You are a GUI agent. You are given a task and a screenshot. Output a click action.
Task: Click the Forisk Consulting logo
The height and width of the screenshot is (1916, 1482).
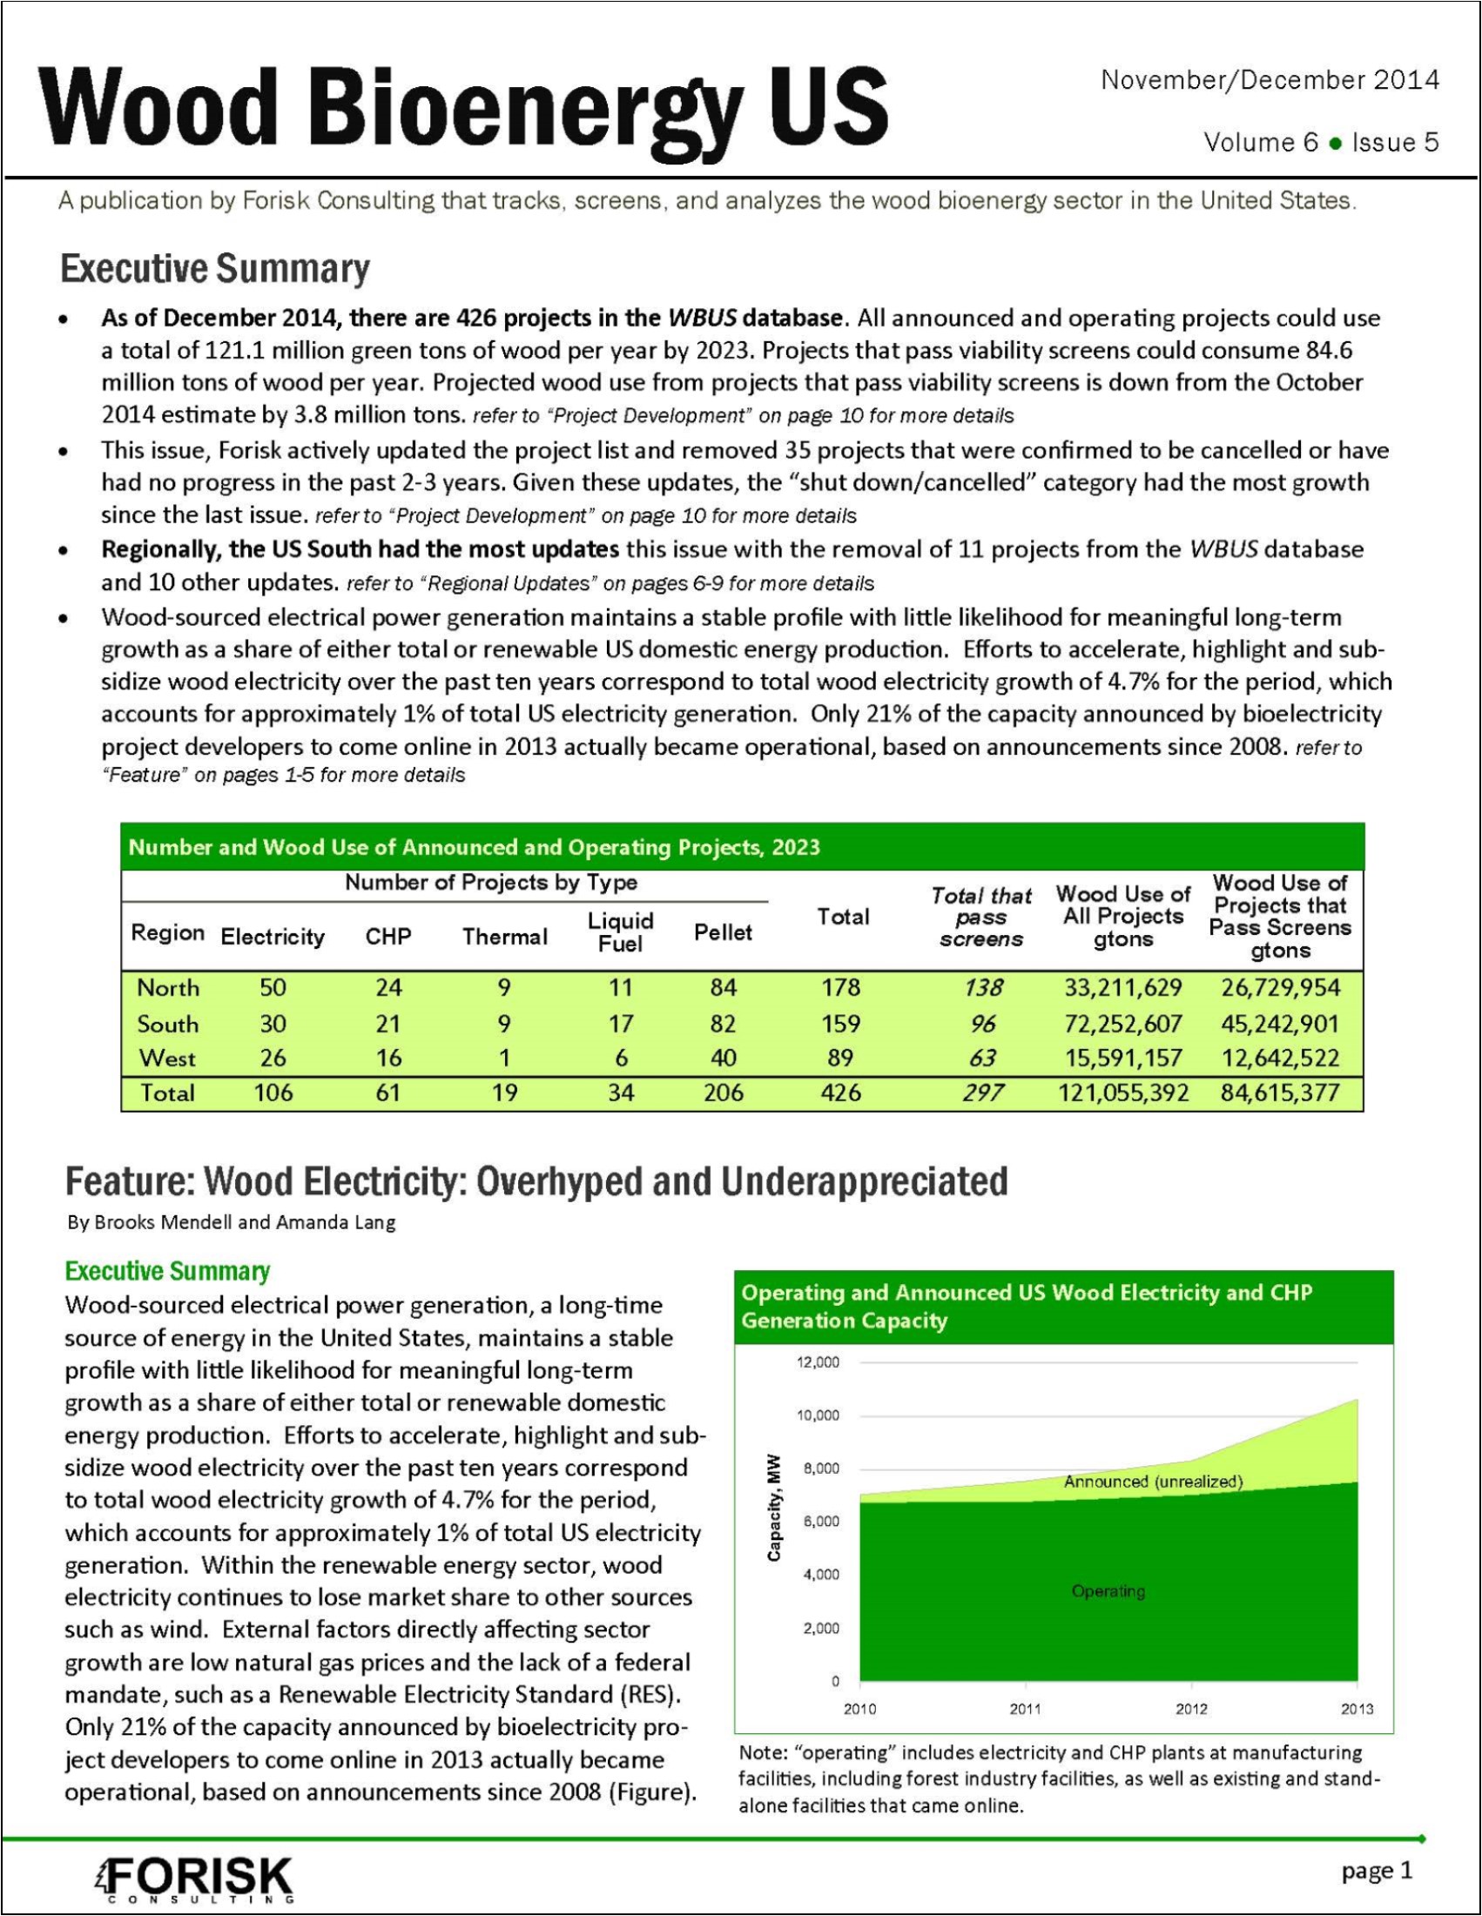(194, 1879)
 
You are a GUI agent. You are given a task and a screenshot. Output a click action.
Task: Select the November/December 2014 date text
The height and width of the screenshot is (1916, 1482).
(1269, 81)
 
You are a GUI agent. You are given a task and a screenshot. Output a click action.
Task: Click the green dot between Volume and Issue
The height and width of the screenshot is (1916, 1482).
(1335, 143)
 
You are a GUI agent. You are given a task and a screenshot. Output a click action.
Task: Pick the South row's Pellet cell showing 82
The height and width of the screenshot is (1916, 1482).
(722, 1024)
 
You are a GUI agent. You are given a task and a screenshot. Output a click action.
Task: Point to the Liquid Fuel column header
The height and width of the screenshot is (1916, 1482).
(620, 931)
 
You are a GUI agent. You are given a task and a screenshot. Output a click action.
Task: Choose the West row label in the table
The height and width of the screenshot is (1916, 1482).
(166, 1058)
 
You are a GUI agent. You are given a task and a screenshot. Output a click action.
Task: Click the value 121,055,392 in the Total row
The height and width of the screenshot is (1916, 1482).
(1122, 1092)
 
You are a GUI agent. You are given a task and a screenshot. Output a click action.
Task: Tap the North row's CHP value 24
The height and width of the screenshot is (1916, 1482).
(387, 988)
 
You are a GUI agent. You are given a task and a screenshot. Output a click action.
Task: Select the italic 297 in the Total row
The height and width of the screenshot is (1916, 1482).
(982, 1092)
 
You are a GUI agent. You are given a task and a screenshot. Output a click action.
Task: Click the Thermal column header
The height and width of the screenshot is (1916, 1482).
(504, 937)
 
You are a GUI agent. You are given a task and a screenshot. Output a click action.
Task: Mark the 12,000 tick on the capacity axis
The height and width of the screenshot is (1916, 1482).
(818, 1362)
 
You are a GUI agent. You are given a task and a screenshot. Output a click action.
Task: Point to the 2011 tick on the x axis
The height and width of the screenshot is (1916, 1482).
(1025, 1709)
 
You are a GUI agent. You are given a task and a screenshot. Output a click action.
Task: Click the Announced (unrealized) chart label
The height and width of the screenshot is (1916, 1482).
(1153, 1482)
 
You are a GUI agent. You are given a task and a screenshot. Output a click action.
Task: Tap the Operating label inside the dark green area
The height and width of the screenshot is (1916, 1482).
(1108, 1591)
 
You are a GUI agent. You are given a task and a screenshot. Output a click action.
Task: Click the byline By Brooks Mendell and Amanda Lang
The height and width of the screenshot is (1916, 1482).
(232, 1222)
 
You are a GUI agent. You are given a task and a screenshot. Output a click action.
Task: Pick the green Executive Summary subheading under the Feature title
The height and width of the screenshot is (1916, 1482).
(167, 1271)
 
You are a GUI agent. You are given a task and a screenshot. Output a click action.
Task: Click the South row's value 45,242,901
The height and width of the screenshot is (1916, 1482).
(1279, 1024)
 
